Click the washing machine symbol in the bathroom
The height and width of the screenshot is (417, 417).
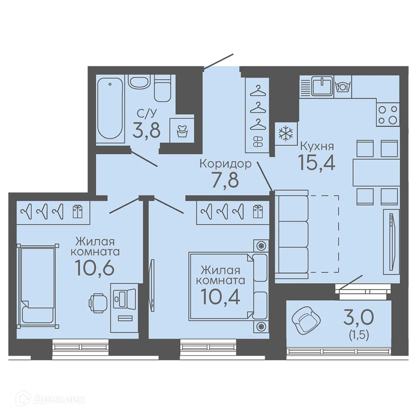(182, 130)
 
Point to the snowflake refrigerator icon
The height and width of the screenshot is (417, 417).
(286, 133)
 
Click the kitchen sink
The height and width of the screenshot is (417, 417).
(322, 85)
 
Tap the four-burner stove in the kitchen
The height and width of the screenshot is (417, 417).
(388, 114)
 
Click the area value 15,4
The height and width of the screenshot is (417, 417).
(317, 163)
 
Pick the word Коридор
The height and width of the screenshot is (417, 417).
(225, 163)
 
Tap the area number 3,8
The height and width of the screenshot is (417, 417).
(146, 130)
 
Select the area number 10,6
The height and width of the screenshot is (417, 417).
(95, 268)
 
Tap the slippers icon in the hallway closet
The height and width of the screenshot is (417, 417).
(258, 141)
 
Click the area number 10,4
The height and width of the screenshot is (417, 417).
(221, 297)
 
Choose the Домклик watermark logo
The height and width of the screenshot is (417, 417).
(50, 399)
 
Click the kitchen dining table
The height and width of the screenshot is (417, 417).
(376, 172)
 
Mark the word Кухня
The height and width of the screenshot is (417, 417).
(317, 146)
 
